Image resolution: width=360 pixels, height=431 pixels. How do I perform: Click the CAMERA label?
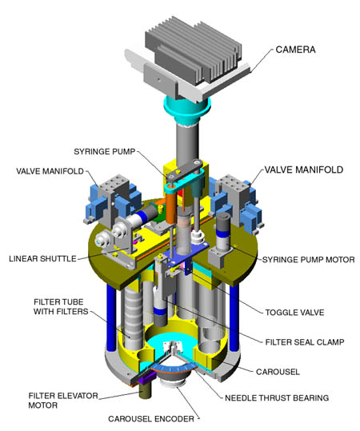(295, 50)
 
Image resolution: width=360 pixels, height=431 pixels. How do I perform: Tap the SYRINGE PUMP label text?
(105, 152)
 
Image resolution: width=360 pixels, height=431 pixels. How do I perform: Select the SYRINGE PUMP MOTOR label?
(308, 260)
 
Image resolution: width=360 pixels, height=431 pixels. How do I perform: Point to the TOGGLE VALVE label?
(294, 313)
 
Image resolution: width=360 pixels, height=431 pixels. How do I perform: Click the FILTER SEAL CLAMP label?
(305, 342)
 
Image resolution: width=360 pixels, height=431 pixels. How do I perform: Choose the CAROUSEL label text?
(278, 372)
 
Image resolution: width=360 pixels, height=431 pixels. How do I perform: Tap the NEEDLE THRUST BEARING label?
(277, 398)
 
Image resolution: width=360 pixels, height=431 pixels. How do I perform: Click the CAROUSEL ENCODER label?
(151, 419)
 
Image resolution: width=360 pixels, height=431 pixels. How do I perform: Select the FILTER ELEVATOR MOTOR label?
(63, 401)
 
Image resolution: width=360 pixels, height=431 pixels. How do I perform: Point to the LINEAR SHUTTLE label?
(42, 258)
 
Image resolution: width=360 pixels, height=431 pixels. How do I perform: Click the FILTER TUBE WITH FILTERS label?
(61, 307)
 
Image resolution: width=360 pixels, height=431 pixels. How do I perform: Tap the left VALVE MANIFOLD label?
(50, 171)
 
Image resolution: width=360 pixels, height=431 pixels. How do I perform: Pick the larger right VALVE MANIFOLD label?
(304, 170)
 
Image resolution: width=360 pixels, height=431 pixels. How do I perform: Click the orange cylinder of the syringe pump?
(170, 208)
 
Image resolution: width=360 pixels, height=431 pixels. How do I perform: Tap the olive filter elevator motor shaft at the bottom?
(146, 389)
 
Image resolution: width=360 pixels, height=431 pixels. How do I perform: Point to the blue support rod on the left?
(111, 316)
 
